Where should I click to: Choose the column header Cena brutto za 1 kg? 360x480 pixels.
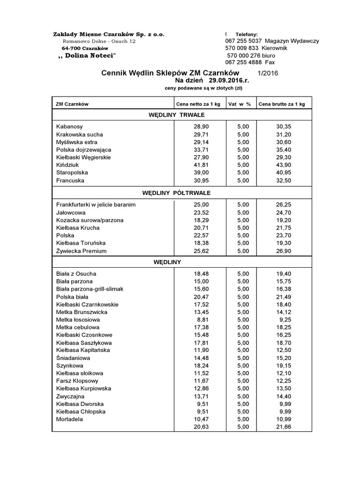[x=281, y=104]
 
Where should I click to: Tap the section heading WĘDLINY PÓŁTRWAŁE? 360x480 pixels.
[x=176, y=193]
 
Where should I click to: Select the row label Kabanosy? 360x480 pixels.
[x=69, y=127]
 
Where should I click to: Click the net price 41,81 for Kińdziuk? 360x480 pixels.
[x=202, y=165]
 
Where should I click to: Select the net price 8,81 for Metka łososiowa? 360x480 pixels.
[x=203, y=320]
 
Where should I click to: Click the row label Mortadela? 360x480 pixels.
[x=69, y=419]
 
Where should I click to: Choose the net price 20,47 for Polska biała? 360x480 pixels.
[x=202, y=297]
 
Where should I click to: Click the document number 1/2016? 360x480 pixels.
[x=268, y=73]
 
